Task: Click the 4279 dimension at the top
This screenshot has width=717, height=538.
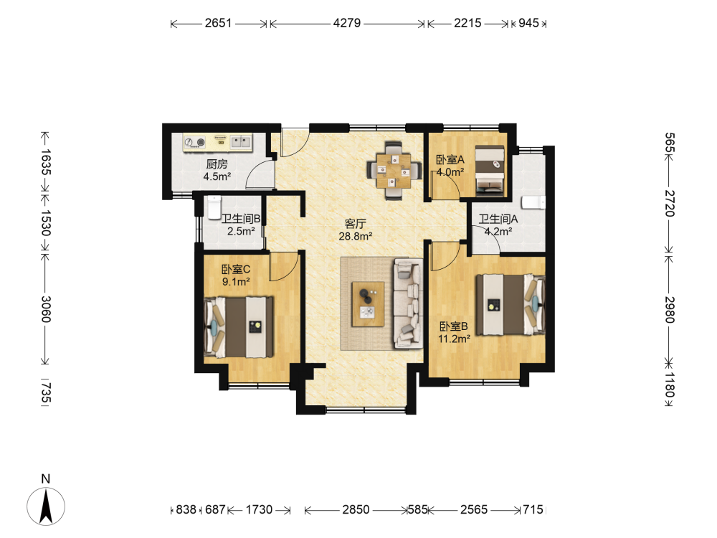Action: pyautogui.click(x=346, y=23)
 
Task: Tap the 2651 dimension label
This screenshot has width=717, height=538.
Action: pyautogui.click(x=218, y=23)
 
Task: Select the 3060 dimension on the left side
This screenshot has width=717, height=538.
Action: pyautogui.click(x=46, y=308)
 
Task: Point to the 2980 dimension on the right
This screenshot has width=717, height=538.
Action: pyautogui.click(x=669, y=310)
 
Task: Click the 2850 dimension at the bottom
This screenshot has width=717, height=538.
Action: pyautogui.click(x=356, y=509)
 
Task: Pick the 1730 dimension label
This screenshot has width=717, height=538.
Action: pyautogui.click(x=259, y=509)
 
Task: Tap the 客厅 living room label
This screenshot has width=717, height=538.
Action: pyautogui.click(x=356, y=224)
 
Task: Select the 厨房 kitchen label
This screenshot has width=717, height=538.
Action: pyautogui.click(x=217, y=164)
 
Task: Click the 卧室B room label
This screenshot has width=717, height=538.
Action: pyautogui.click(x=454, y=326)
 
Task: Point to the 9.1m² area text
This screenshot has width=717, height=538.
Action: pyautogui.click(x=236, y=282)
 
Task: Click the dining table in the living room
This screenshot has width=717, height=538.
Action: pyautogui.click(x=394, y=171)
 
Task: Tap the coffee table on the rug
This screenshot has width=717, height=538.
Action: pyautogui.click(x=368, y=303)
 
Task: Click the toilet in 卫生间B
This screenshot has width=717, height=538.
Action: pyautogui.click(x=214, y=207)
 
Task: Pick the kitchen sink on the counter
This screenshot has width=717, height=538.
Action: pyautogui.click(x=241, y=142)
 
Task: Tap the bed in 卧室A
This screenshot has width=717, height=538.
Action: pyautogui.click(x=490, y=171)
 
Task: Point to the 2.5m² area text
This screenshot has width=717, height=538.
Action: pyautogui.click(x=241, y=232)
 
